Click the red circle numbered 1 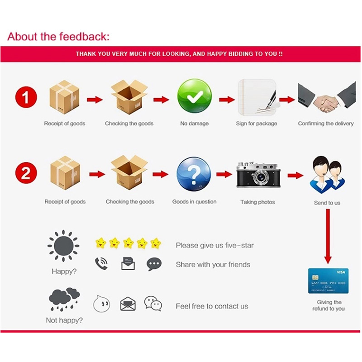[26, 97]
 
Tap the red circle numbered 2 [26, 173]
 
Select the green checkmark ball [195, 96]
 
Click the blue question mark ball [194, 174]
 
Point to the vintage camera [258, 175]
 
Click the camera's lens [261, 177]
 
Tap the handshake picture [327, 97]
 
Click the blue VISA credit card [329, 281]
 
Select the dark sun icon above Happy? [63, 246]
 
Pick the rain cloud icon [64, 299]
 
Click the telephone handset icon [101, 263]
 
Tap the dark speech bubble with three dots [154, 264]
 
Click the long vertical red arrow [328, 236]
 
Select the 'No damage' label [195, 124]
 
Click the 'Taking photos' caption [257, 202]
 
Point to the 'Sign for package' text [257, 124]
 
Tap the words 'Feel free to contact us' [212, 306]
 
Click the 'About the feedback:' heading [58, 37]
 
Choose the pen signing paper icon [257, 97]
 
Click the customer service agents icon [327, 175]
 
